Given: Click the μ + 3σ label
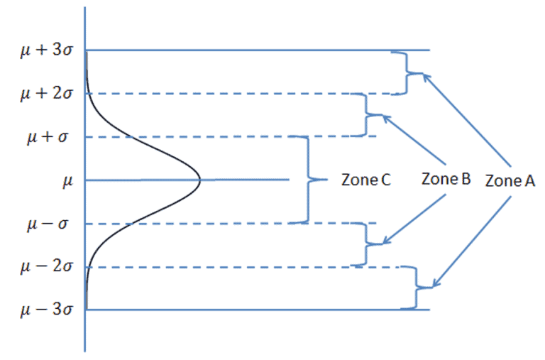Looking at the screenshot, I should pos(44,50).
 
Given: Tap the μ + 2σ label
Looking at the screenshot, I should pos(44,94).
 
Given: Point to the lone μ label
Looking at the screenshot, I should pos(68,180).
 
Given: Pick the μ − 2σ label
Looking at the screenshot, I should pos(44,268).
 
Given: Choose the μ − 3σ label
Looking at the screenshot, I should pos(44,310).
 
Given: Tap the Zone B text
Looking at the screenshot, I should pos(446,179).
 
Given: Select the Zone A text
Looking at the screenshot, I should pos(510,180).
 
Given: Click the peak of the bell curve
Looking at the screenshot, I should pos(200,180).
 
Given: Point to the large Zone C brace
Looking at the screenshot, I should pos(308,180).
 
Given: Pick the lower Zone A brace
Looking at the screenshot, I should pos(409,288).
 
